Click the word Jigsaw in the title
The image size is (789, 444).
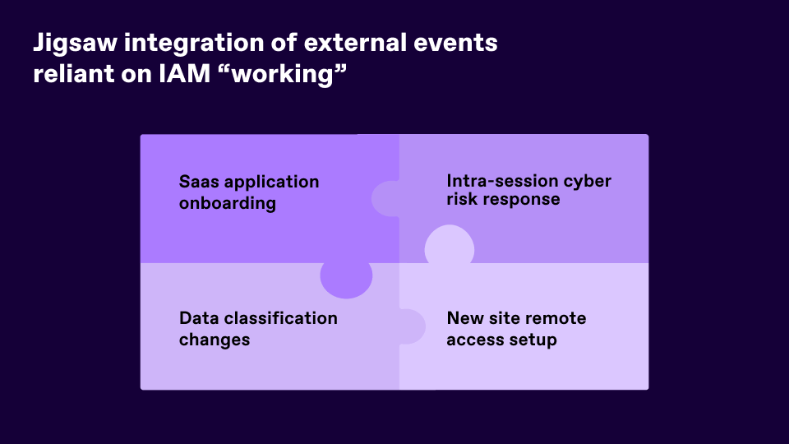point(75,44)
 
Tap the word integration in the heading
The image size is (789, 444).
point(194,43)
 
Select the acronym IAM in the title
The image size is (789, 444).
point(185,73)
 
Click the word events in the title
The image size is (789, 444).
point(455,43)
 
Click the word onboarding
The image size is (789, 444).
point(228,203)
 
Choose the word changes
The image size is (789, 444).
point(215,340)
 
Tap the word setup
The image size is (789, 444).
point(533,340)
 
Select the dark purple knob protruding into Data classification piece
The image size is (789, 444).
point(346,280)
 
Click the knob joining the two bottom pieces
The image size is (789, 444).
point(413,326)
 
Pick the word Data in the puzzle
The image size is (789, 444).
point(198,318)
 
